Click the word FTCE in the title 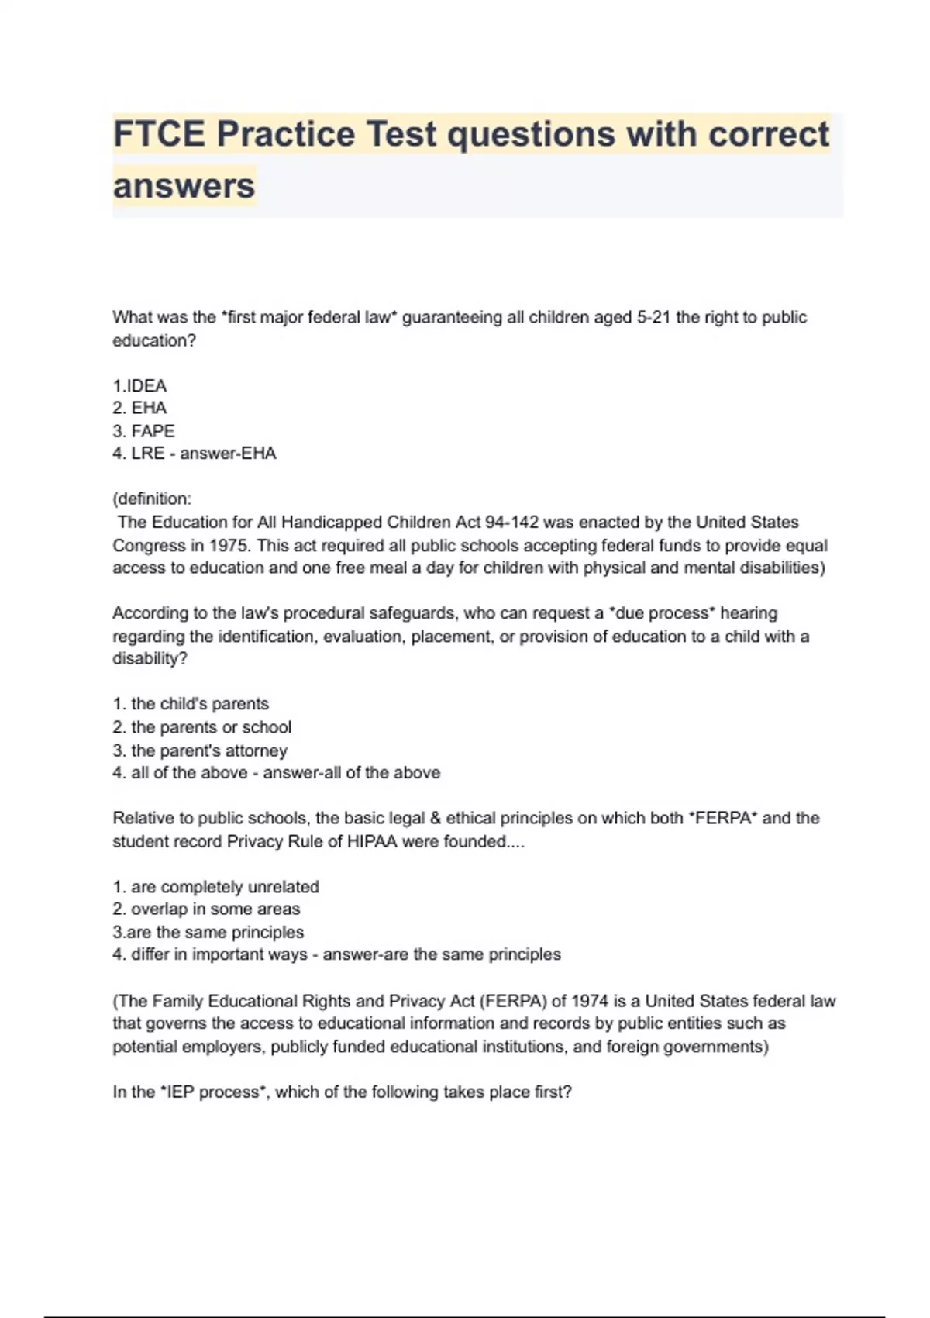pos(159,134)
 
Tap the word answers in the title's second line pos(184,186)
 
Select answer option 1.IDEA pos(139,386)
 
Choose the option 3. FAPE pos(143,431)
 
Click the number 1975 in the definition pos(229,546)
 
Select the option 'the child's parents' pos(191,704)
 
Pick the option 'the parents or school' pos(201,727)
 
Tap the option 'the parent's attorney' pos(200,750)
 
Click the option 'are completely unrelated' pos(215,887)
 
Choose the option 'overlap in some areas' pos(206,909)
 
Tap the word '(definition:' pos(152,499)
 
